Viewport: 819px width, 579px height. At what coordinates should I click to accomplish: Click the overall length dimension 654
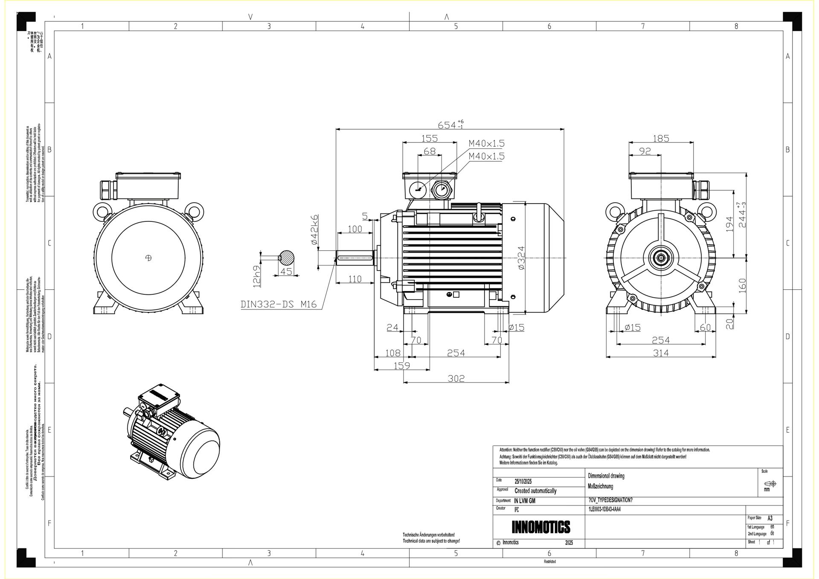pyautogui.click(x=447, y=125)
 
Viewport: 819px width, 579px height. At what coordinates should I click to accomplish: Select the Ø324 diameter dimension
pyautogui.click(x=521, y=258)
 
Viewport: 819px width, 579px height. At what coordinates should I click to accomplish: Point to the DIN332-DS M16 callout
pyautogui.click(x=279, y=304)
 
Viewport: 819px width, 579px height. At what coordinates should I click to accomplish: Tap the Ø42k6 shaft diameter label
pyautogui.click(x=314, y=230)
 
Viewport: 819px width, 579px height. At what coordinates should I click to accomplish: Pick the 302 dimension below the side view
pyautogui.click(x=456, y=378)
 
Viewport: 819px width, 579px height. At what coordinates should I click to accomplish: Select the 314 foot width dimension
pyautogui.click(x=661, y=353)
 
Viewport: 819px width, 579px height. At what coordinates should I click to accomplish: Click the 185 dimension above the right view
pyautogui.click(x=661, y=138)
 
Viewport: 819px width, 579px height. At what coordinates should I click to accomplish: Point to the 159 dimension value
pyautogui.click(x=401, y=365)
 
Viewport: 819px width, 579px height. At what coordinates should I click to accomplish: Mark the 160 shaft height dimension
pyautogui.click(x=742, y=285)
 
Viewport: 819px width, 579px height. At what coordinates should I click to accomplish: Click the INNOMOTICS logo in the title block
pyautogui.click(x=541, y=527)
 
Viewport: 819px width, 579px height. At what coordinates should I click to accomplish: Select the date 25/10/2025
pyautogui.click(x=523, y=481)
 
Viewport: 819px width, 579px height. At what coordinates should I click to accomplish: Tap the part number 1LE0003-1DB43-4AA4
pyautogui.click(x=604, y=509)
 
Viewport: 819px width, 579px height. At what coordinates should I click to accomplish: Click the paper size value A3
pyautogui.click(x=770, y=518)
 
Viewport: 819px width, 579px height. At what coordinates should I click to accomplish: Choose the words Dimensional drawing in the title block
pyautogui.click(x=606, y=476)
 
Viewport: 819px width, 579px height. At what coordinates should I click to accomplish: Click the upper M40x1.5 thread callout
pyautogui.click(x=486, y=143)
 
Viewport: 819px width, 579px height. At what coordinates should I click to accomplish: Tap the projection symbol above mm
pyautogui.click(x=770, y=483)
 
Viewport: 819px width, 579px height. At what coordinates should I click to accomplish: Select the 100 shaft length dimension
pyautogui.click(x=355, y=229)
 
